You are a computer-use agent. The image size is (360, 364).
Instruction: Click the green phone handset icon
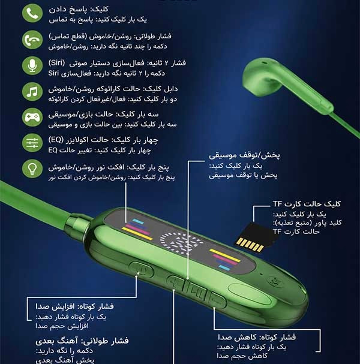32,13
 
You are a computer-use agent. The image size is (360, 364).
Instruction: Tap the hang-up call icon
32,40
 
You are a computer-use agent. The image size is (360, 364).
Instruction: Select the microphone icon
32,65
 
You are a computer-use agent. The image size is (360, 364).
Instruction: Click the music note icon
32,92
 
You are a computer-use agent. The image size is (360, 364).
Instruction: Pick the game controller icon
32,117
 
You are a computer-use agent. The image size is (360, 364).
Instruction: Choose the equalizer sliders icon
32,143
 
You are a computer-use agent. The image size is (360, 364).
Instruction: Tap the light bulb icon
32,169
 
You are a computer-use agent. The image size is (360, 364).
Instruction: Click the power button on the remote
142,269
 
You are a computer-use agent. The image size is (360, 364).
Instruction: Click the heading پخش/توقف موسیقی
244,155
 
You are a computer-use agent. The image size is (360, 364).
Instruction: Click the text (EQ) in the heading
56,140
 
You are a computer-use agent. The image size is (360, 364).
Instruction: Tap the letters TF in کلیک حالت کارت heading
278,204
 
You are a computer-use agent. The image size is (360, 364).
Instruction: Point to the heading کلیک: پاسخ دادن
79,10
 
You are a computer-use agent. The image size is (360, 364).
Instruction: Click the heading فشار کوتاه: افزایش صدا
75,306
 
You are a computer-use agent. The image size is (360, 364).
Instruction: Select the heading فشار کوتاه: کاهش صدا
257,337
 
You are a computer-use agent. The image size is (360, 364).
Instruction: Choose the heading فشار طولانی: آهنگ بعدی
82,341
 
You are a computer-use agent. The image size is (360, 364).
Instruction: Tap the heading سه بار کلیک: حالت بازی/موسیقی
104,115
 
